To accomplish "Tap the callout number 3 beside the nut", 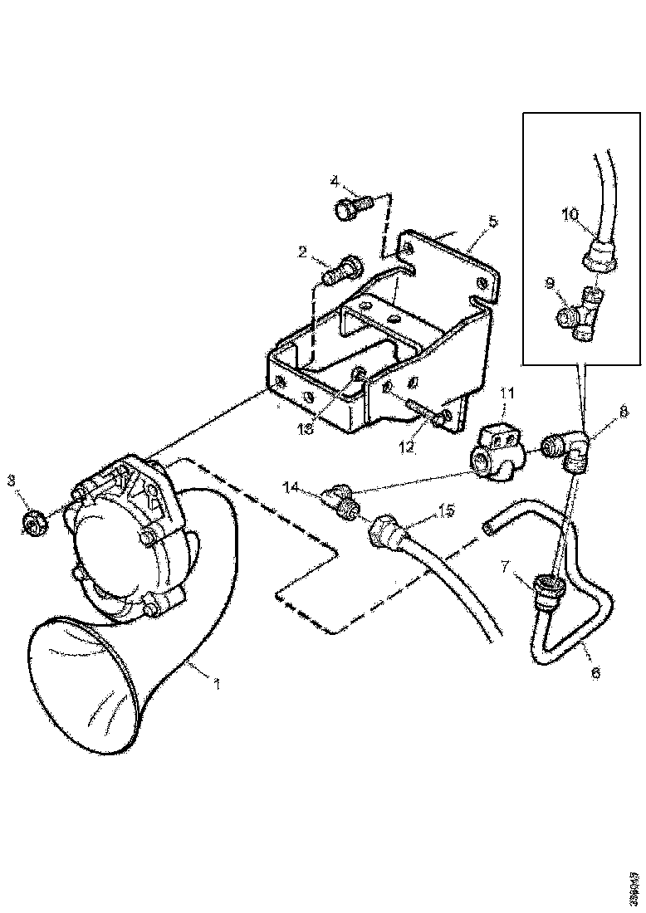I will [x=11, y=481].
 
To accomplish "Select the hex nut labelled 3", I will [x=32, y=523].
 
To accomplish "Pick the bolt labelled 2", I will [x=341, y=270].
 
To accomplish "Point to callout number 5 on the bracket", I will [x=492, y=222].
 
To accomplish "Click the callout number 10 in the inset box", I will [x=570, y=214].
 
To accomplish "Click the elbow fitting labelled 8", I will [x=571, y=448].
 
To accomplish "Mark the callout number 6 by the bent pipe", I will [x=595, y=674].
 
